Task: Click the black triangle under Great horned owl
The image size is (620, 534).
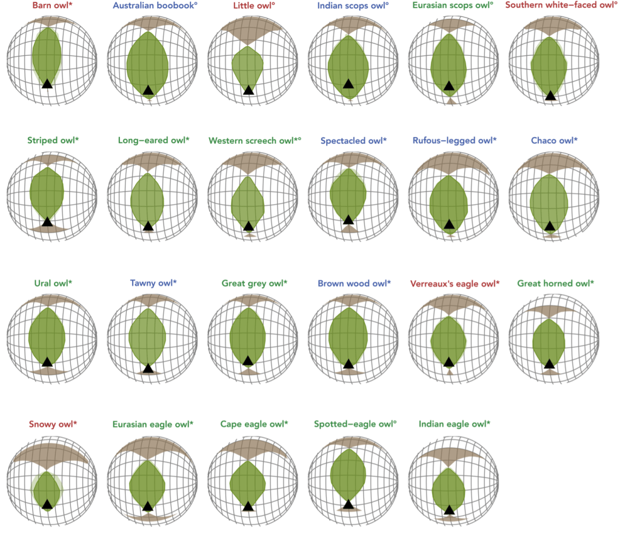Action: (x=549, y=364)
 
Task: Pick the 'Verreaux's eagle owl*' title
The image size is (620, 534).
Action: (x=455, y=283)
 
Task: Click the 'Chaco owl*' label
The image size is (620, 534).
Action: (x=554, y=141)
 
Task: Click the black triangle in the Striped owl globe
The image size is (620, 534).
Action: (x=47, y=222)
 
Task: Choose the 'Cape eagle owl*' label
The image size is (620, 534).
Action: (x=254, y=424)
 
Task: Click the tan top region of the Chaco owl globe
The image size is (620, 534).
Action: (x=549, y=162)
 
